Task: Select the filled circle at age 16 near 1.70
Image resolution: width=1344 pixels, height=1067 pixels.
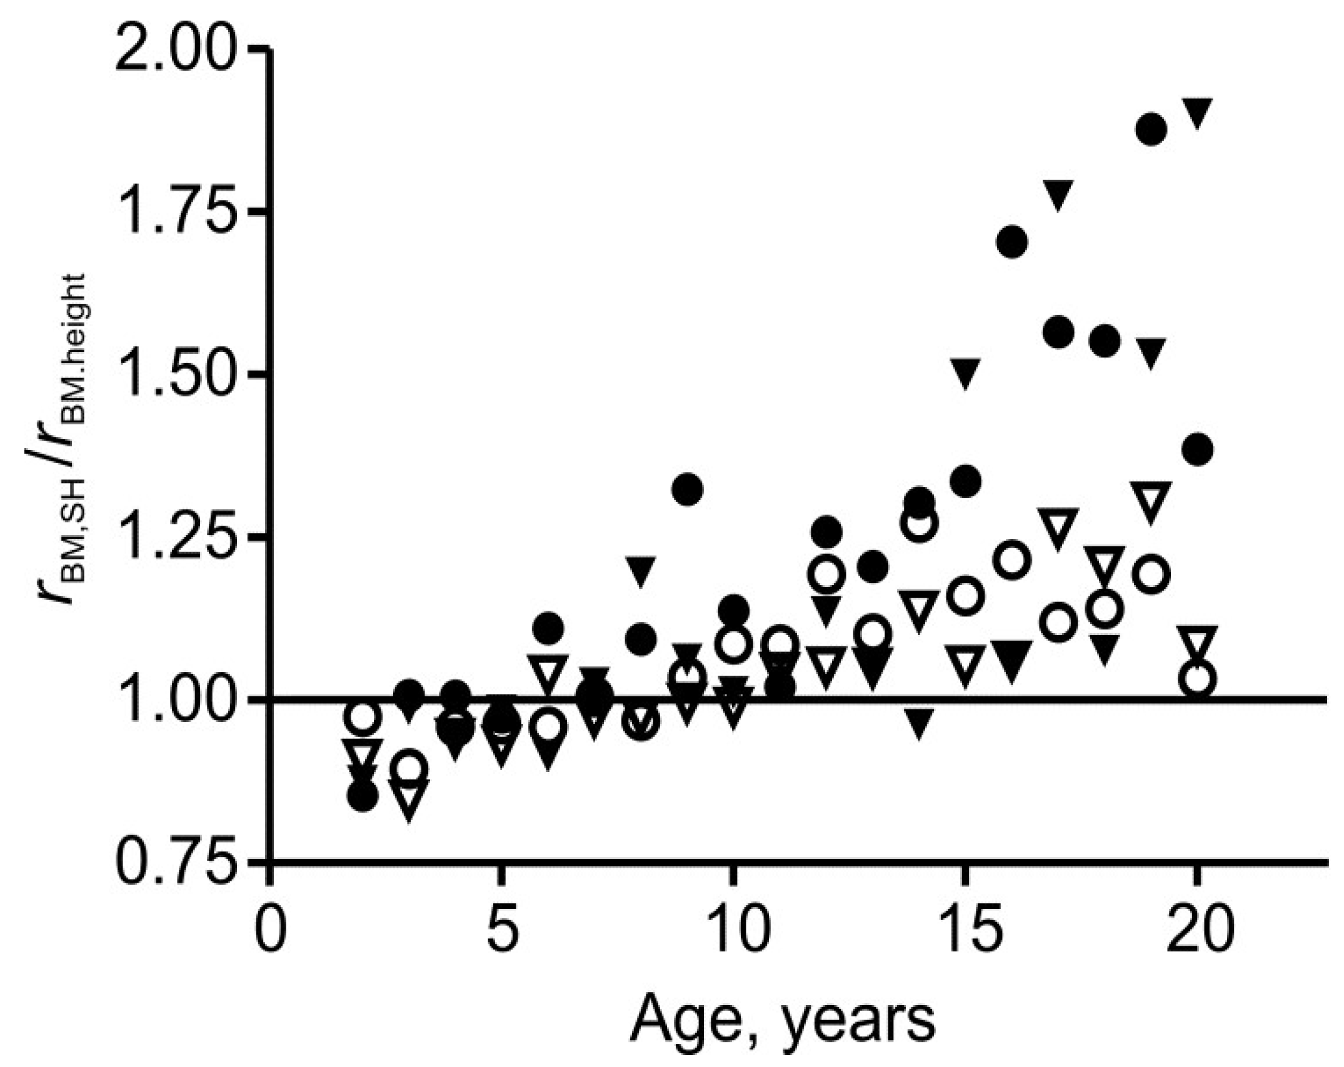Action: (1012, 242)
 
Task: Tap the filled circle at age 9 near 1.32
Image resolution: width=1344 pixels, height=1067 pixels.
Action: (687, 489)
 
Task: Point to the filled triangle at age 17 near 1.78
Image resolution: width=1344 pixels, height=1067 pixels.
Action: (1058, 194)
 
